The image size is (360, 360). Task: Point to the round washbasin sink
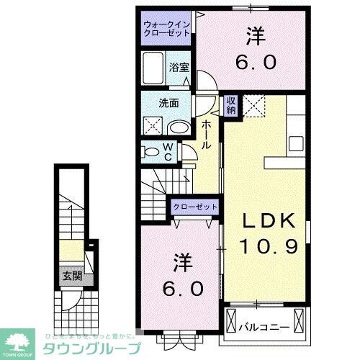click(x=177, y=128)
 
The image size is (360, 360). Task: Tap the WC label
click(x=167, y=151)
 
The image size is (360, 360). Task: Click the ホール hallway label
click(x=207, y=134)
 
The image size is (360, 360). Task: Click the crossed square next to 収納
click(x=252, y=106)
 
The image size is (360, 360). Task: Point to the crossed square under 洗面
click(x=153, y=127)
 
